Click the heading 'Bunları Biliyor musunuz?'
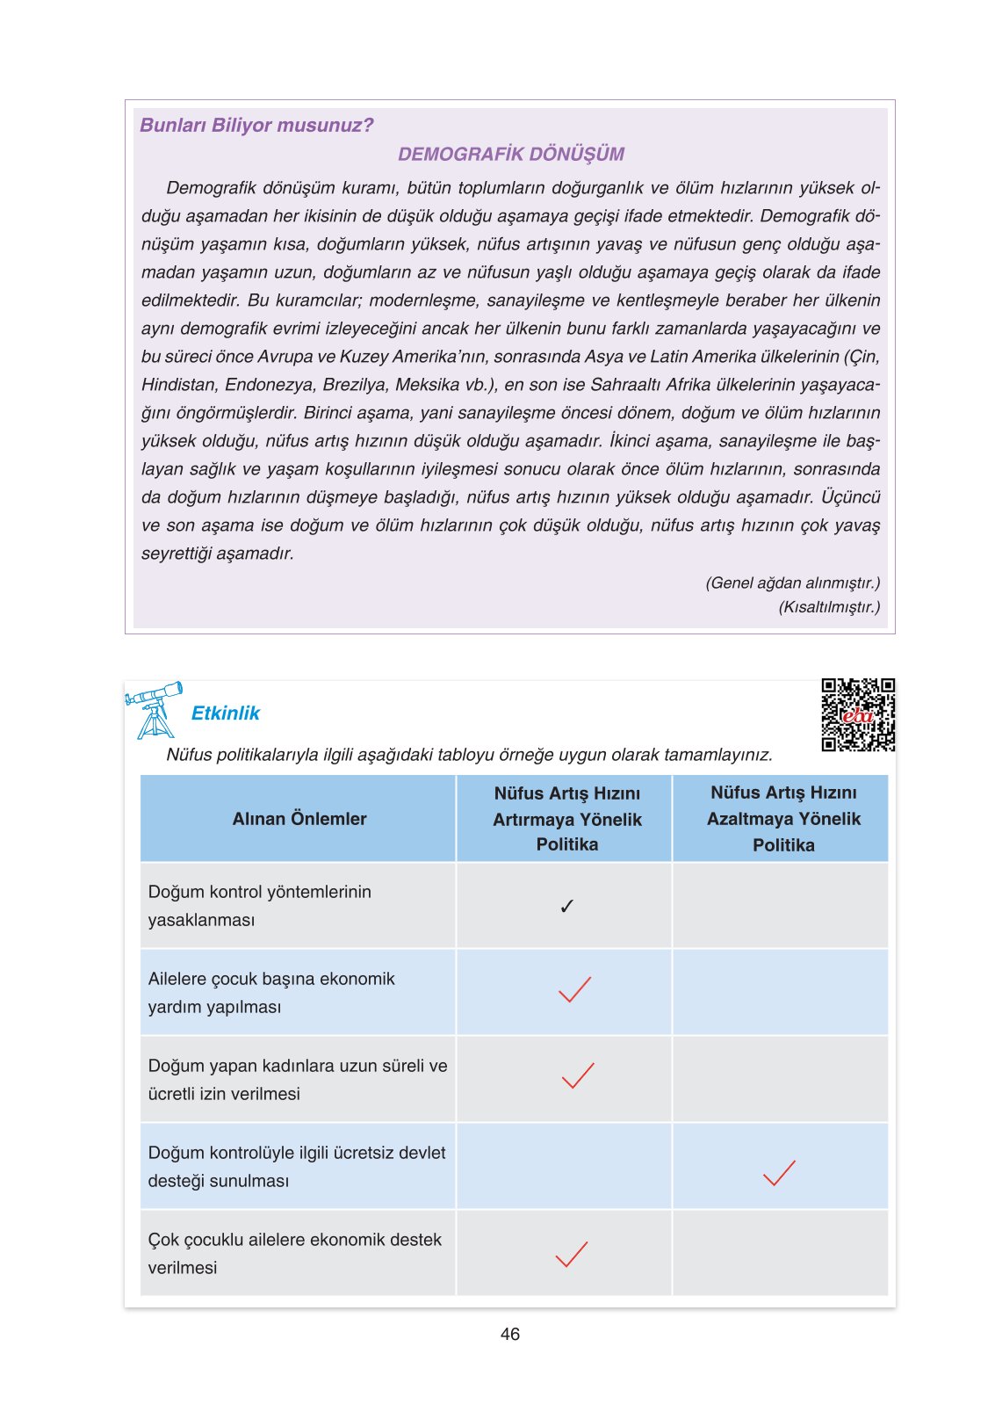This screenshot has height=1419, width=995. (256, 126)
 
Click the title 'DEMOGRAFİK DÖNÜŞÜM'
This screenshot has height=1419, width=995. (510, 155)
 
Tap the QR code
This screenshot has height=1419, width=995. (857, 714)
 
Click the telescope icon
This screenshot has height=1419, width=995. (155, 709)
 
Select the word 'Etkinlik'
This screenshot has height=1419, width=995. (226, 713)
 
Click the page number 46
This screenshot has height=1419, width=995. (509, 1334)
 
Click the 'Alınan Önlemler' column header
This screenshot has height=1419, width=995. (299, 819)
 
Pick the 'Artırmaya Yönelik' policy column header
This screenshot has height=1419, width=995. (566, 819)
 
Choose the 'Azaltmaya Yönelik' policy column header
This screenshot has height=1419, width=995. (783, 819)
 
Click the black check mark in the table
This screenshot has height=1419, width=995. (566, 906)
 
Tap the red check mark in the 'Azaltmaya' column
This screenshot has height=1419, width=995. (779, 1173)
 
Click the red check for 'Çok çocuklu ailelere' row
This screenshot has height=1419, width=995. (571, 1254)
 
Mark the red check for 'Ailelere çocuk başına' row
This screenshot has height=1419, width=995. (574, 989)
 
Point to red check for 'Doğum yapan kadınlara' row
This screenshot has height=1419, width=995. (577, 1075)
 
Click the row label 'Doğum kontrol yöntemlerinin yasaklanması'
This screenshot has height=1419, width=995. (259, 906)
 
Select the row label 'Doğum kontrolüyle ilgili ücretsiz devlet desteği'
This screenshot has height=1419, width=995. (296, 1167)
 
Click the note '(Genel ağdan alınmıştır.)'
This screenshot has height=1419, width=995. (792, 583)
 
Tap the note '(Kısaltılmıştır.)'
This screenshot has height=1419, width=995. (828, 607)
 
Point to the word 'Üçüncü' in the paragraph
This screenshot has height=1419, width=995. (849, 497)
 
